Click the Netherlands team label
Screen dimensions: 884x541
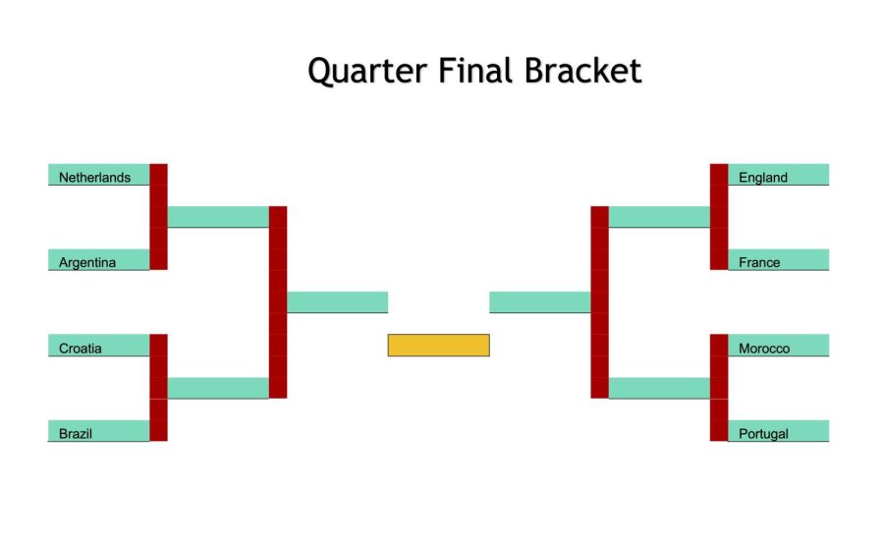(x=94, y=178)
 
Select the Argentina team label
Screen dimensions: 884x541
(x=87, y=262)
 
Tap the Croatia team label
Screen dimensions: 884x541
(x=81, y=349)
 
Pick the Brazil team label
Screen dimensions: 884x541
(x=76, y=433)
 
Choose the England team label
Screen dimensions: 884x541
(x=763, y=178)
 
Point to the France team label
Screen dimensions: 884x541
(x=759, y=262)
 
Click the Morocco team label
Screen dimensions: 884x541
(x=764, y=349)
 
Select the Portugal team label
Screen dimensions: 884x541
(x=763, y=434)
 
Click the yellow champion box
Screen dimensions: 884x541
(x=439, y=345)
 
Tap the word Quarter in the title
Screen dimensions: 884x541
(x=367, y=72)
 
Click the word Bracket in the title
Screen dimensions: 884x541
(x=582, y=71)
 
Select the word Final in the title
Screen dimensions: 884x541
(x=475, y=71)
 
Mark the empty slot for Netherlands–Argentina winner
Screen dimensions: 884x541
(x=218, y=217)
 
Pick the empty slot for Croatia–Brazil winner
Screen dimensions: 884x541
(x=218, y=388)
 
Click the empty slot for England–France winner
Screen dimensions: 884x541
(x=659, y=217)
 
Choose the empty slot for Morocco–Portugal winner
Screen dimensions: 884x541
(x=659, y=388)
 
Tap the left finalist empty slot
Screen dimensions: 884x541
(x=337, y=302)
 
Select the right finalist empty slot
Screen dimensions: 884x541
(x=540, y=302)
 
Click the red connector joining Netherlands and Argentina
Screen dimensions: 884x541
(x=158, y=217)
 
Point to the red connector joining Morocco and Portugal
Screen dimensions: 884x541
(x=719, y=388)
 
